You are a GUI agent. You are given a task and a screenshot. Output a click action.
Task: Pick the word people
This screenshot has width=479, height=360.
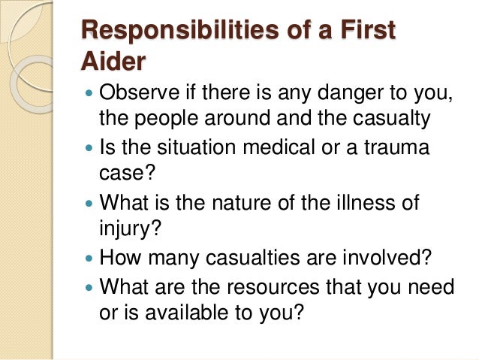click(x=162, y=118)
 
